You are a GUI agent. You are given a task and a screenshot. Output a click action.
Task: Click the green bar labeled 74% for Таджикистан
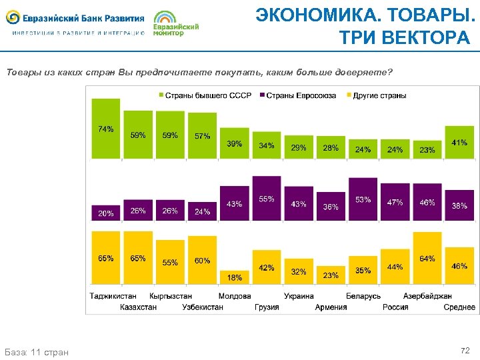pos(105,129)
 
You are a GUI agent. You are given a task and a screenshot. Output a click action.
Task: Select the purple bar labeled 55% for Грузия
pos(267,198)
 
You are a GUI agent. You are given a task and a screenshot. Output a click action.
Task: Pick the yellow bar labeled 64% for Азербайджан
pos(427,258)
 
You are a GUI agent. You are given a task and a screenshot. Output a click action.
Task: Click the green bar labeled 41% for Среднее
pos(459,143)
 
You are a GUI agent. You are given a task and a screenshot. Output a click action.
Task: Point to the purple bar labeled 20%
pos(105,213)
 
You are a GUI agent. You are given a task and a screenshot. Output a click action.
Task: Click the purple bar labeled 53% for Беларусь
pos(363,199)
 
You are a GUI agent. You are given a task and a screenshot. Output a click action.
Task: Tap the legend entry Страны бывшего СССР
pos(204,95)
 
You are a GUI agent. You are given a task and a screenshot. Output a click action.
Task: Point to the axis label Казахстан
pos(138,307)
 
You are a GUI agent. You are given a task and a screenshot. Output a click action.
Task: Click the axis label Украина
pos(299,296)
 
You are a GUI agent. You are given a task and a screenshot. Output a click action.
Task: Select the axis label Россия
pos(395,307)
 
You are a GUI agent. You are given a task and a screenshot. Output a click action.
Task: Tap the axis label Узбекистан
pos(203,307)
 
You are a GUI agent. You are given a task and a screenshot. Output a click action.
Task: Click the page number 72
pos(465,350)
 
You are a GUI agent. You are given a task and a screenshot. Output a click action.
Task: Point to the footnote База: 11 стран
pos(36,351)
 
